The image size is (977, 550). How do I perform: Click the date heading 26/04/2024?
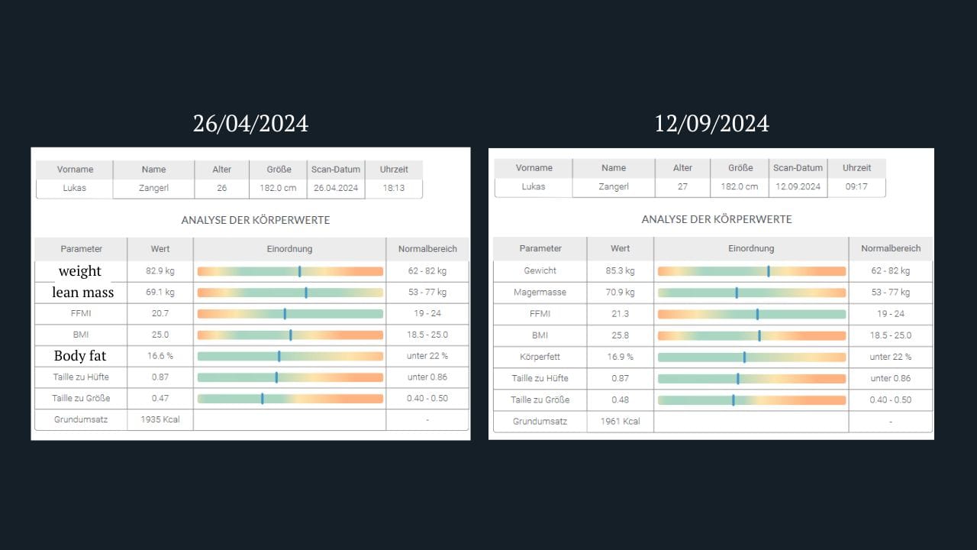250,124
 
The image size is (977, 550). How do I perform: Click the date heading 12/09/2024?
711,124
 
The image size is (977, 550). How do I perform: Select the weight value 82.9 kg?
160,271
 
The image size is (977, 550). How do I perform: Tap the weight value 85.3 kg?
620,271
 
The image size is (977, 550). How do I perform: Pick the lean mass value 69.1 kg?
160,293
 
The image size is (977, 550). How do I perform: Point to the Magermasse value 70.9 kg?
620,293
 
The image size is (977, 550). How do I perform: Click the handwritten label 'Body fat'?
80,356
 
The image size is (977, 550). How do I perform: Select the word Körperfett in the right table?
540,357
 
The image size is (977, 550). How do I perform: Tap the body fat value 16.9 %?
620,357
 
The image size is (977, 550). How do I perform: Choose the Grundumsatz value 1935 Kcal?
160,419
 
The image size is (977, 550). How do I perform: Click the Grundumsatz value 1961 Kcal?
620,421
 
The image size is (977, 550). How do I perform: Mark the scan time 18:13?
393,188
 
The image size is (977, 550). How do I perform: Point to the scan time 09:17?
856,187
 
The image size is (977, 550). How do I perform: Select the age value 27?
682,187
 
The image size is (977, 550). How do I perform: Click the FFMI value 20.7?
160,314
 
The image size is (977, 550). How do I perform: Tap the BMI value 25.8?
620,335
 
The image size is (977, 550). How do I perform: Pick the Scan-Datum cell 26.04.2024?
336,188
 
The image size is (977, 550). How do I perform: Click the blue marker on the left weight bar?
300,271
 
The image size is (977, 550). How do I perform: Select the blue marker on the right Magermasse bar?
737,293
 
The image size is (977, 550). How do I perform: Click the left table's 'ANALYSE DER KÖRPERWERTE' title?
256,220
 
